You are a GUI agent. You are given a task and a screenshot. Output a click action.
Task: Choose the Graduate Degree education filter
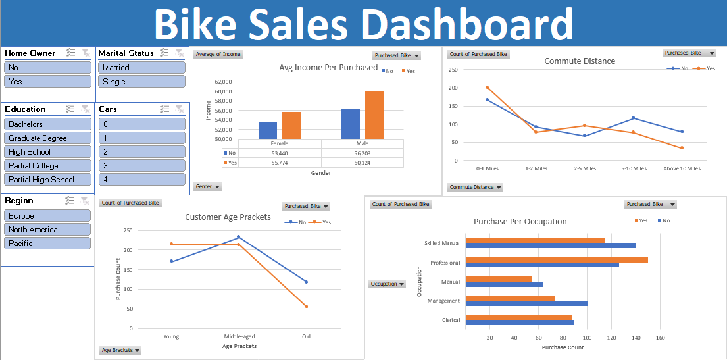(x=47, y=138)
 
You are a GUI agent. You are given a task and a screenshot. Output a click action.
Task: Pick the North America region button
(x=47, y=230)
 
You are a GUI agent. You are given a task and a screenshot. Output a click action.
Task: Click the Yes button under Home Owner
(x=47, y=82)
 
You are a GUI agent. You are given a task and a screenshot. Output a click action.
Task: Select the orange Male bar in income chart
(x=374, y=115)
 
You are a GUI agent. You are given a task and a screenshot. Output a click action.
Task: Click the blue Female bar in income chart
(x=268, y=130)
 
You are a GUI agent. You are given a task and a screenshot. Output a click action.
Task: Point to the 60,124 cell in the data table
(x=363, y=163)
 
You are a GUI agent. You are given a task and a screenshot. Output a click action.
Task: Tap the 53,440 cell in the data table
(x=280, y=153)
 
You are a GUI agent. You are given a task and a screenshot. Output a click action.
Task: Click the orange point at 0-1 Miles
(x=487, y=87)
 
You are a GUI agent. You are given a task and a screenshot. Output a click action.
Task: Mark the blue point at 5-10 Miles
(x=633, y=118)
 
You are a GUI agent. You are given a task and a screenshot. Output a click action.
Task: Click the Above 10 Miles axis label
(x=682, y=168)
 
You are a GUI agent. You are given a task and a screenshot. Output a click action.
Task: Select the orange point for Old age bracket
(x=306, y=306)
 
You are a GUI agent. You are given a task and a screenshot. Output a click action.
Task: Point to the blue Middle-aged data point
(x=239, y=237)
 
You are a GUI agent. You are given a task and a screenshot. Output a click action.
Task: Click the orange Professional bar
(x=556, y=259)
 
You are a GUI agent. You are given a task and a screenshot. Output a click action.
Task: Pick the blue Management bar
(x=526, y=303)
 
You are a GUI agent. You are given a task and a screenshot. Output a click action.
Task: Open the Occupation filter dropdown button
(x=388, y=284)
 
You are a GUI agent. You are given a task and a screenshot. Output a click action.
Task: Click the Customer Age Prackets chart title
(x=228, y=217)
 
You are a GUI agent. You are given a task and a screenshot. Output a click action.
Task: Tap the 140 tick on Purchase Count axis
(x=636, y=338)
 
